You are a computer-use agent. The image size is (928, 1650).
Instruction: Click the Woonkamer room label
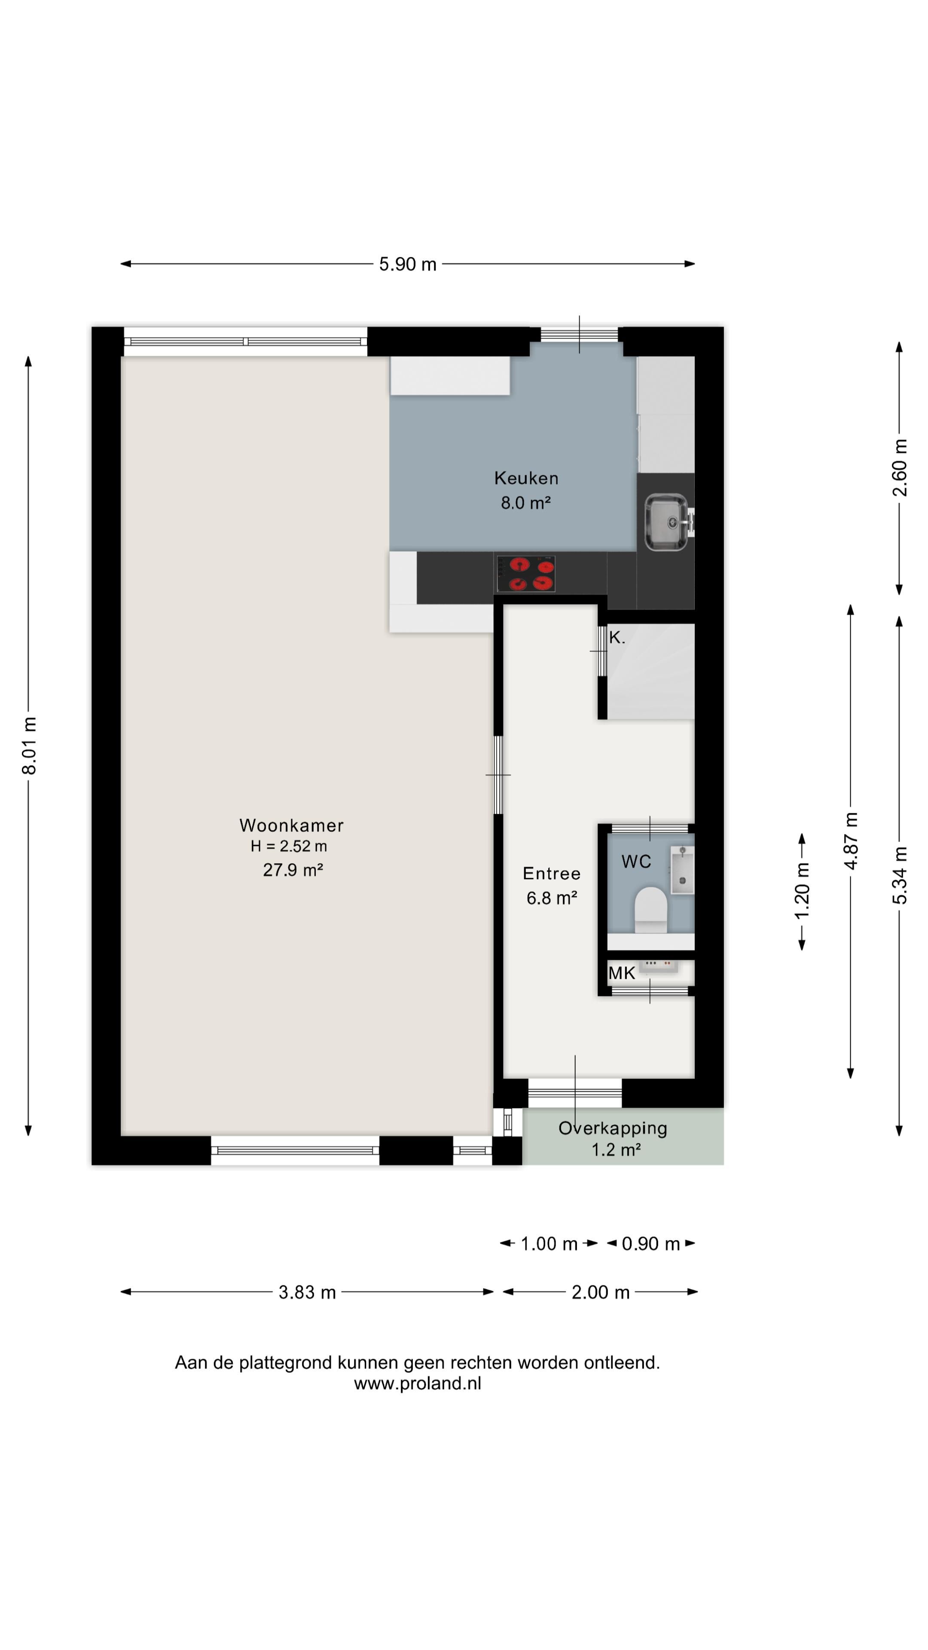point(291,825)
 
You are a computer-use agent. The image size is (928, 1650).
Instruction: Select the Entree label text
point(551,873)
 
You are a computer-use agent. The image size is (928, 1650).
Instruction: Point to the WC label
point(636,862)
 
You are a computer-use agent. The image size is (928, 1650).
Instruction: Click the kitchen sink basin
point(666,522)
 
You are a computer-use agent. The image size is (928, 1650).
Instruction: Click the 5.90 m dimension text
point(408,264)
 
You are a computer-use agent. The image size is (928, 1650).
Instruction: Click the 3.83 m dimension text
point(308,1292)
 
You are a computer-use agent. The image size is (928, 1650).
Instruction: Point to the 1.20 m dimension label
point(802,891)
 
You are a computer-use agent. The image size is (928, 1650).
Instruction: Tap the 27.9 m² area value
point(293,869)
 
